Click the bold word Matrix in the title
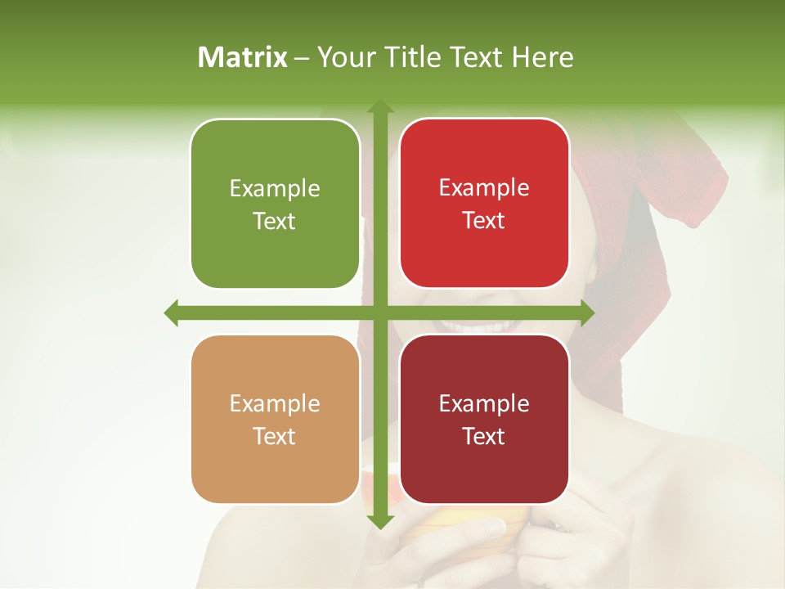pos(243,57)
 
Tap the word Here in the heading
pos(542,57)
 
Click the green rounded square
pos(275,204)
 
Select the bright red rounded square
pos(484,204)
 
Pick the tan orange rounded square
pos(275,419)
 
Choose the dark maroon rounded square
pos(484,419)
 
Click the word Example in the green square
pos(275,189)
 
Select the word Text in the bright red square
pos(484,221)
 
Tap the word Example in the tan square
pos(275,404)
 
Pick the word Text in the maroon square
pos(484,436)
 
